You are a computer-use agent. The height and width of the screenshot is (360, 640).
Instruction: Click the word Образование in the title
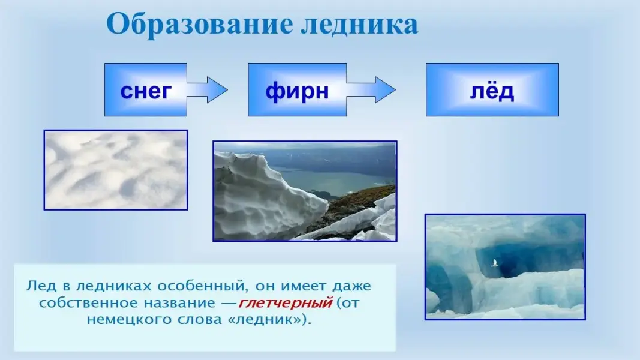200,25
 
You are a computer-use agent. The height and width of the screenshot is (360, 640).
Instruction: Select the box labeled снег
146,90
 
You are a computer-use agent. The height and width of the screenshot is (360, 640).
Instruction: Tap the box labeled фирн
297,90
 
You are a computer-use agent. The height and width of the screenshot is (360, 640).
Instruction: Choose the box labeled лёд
492,90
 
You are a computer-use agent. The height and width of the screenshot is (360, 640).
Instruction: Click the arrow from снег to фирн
208,90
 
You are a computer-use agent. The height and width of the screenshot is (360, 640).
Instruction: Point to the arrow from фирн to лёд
371,90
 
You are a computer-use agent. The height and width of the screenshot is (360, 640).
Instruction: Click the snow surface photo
116,170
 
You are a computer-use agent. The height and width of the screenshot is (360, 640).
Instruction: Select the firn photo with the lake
305,191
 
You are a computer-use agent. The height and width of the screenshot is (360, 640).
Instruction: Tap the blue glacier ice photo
505,267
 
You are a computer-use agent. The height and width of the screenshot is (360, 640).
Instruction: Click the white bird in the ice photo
495,263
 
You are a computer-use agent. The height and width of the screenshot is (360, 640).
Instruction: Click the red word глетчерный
286,303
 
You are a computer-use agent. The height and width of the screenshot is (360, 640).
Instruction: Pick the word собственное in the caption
86,303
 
